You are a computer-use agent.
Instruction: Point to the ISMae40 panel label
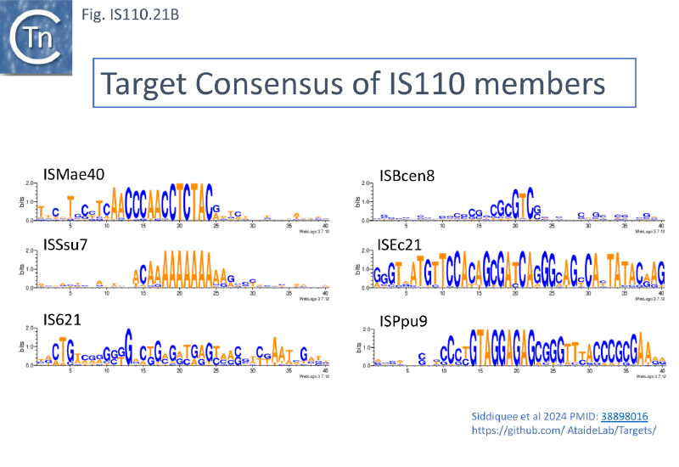point(74,174)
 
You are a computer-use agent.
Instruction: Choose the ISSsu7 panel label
point(70,246)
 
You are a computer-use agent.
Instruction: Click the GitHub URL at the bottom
point(564,430)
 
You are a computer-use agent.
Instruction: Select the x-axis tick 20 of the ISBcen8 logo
point(516,226)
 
